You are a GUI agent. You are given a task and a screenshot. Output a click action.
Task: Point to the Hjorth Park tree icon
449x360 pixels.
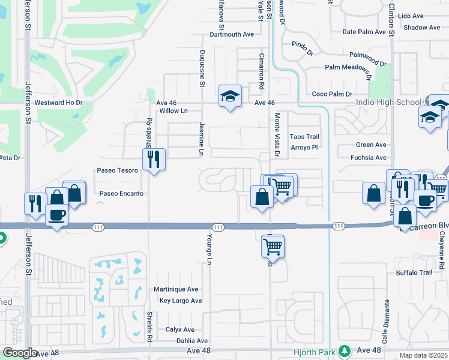(x=345, y=350)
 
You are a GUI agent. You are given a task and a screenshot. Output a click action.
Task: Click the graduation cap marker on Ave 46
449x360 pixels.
(x=229, y=95)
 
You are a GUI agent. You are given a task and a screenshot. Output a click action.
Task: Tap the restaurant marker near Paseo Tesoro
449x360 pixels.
(x=154, y=159)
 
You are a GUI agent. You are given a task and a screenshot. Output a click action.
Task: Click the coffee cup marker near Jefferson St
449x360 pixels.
(x=58, y=214)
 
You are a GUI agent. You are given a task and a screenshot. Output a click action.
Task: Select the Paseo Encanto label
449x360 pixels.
(x=122, y=194)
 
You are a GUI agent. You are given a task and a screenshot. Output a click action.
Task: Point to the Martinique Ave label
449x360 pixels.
(x=176, y=289)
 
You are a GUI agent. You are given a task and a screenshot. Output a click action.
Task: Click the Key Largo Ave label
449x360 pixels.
(x=180, y=301)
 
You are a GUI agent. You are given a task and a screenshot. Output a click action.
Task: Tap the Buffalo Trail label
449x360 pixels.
(x=414, y=273)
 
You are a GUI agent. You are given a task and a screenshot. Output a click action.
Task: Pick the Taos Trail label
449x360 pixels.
(x=304, y=137)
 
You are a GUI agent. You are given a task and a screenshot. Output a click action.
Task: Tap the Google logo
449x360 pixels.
(x=20, y=353)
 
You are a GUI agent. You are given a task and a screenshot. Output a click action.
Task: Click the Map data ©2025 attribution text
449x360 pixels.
(x=424, y=356)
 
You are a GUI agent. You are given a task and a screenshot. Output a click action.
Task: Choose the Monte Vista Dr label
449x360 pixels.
(x=277, y=135)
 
